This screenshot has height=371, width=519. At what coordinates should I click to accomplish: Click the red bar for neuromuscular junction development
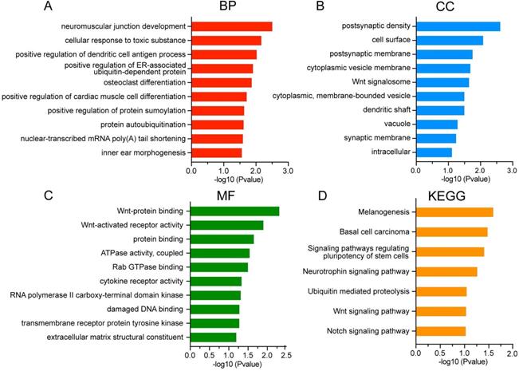pos(231,26)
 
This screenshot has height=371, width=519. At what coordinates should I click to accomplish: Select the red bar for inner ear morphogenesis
pos(216,152)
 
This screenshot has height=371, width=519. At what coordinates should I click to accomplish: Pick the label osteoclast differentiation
pos(140,82)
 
